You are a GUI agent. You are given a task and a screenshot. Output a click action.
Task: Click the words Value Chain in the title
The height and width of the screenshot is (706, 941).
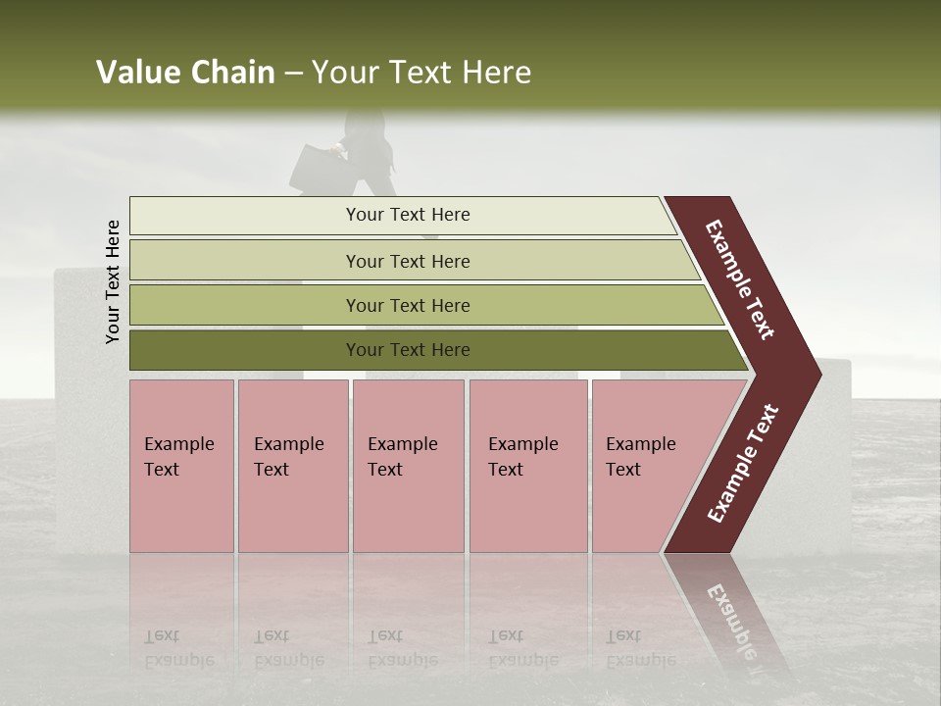click(x=185, y=73)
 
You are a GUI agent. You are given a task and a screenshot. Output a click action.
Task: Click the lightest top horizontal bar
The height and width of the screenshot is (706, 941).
click(x=245, y=216)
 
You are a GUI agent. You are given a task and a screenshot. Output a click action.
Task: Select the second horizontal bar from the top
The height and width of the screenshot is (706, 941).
click(x=245, y=261)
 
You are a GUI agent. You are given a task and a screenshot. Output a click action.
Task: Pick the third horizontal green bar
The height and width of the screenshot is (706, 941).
click(x=245, y=306)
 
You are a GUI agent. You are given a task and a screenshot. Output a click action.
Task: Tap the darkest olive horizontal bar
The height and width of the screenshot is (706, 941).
click(x=245, y=350)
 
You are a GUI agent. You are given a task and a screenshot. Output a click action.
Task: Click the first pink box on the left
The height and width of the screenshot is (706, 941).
click(x=181, y=466)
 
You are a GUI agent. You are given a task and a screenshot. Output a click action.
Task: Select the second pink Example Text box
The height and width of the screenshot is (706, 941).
click(x=292, y=466)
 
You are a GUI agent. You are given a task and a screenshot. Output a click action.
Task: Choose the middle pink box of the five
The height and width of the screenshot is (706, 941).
click(x=408, y=466)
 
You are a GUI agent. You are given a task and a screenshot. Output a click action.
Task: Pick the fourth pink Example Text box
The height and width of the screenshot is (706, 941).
click(x=527, y=466)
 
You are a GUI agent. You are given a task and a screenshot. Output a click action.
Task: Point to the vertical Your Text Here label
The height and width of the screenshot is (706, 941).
click(x=113, y=281)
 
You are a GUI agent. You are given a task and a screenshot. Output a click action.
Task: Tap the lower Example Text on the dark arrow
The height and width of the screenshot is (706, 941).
click(x=743, y=464)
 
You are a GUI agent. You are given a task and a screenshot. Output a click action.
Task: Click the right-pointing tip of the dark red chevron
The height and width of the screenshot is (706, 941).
click(x=814, y=374)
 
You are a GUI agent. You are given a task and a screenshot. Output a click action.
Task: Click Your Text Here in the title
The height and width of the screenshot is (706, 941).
click(x=421, y=73)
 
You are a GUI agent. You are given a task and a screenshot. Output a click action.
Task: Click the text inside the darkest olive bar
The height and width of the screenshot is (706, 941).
click(x=408, y=350)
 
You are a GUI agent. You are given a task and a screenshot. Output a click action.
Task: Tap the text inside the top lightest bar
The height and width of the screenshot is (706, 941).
click(x=408, y=215)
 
